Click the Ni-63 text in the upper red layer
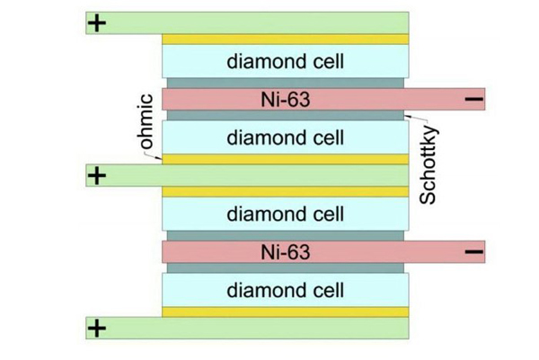click(285, 100)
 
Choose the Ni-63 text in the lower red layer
click(285, 252)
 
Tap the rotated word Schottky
click(428, 167)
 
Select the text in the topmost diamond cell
click(285, 62)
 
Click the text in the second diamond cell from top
click(285, 137)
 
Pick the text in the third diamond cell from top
click(285, 214)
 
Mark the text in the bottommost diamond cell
click(285, 290)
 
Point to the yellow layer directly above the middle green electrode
click(285, 159)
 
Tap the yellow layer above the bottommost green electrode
click(285, 312)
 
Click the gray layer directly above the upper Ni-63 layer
click(285, 83)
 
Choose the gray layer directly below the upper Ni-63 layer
click(285, 116)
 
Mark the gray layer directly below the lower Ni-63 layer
click(285, 268)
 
